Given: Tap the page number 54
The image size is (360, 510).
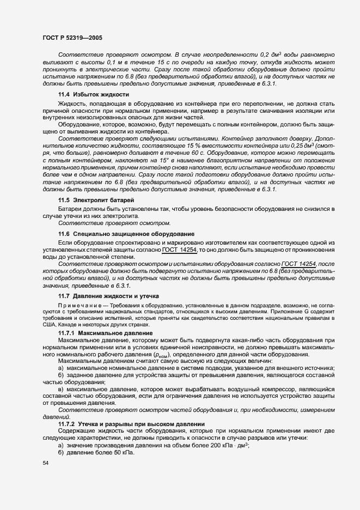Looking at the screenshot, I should point(45,463).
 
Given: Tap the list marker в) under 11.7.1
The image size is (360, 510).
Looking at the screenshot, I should point(60,390).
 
